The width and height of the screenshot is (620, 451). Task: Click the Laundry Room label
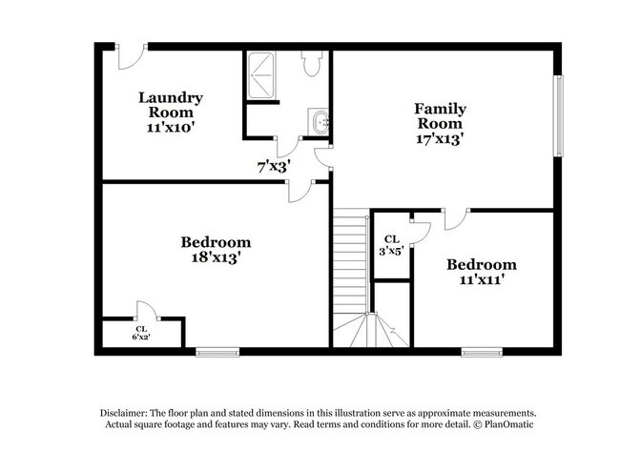[171, 111]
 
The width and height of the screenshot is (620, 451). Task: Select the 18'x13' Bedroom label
[216, 249]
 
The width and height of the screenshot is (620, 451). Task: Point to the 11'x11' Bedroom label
[482, 272]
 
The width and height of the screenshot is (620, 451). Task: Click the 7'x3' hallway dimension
[274, 165]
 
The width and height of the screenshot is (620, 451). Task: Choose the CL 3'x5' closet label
[391, 245]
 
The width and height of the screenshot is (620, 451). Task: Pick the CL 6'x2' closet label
[140, 333]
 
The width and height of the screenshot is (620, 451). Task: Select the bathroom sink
[320, 122]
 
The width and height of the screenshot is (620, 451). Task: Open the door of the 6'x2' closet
[146, 312]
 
